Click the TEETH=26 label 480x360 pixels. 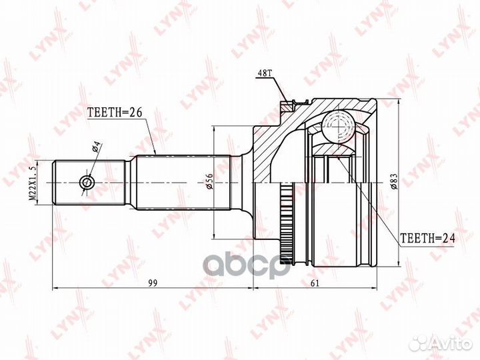115,113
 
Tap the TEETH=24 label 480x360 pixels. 428,238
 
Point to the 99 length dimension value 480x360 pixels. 153,283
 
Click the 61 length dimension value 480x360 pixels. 315,283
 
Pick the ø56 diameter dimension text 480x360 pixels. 209,181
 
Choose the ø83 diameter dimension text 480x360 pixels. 394,181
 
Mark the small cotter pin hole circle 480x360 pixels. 87,183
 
